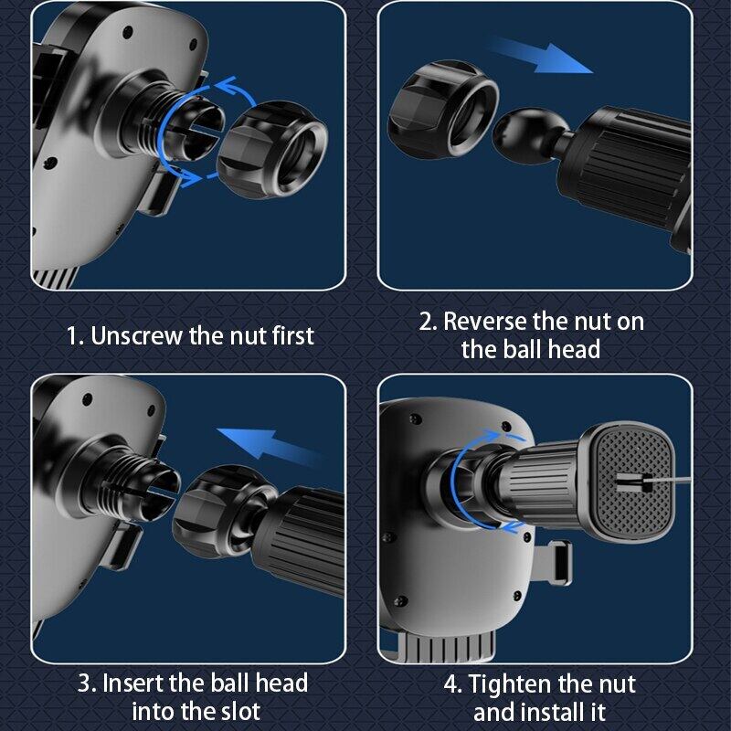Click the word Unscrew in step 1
tap(136, 335)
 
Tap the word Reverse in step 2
tap(485, 322)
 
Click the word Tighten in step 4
tap(510, 684)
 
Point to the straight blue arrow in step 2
tap(541, 57)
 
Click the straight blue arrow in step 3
tap(270, 445)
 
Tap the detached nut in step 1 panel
tap(272, 149)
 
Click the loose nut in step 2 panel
tap(443, 110)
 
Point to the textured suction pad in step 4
tap(631, 482)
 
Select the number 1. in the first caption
tap(76, 336)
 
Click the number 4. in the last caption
tap(452, 684)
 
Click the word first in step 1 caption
tap(292, 335)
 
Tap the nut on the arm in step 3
tap(224, 511)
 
